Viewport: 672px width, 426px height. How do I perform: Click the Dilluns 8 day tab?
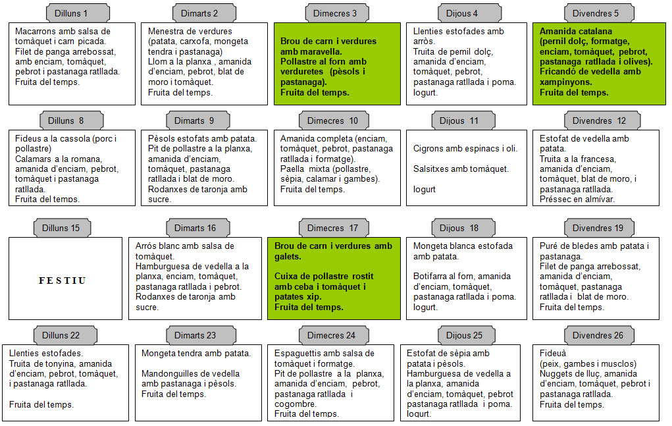[72, 120]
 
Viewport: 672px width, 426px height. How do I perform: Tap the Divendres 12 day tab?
[602, 120]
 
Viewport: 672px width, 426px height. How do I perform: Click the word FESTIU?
[63, 280]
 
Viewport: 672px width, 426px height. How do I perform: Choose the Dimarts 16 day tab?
[198, 228]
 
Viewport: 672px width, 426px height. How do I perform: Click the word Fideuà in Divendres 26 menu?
[552, 353]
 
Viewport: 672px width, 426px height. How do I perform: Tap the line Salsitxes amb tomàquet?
[461, 169]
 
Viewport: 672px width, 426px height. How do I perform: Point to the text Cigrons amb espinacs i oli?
[465, 149]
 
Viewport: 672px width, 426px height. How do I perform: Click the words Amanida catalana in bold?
[575, 32]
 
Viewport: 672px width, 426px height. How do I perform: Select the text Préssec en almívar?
[577, 200]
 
